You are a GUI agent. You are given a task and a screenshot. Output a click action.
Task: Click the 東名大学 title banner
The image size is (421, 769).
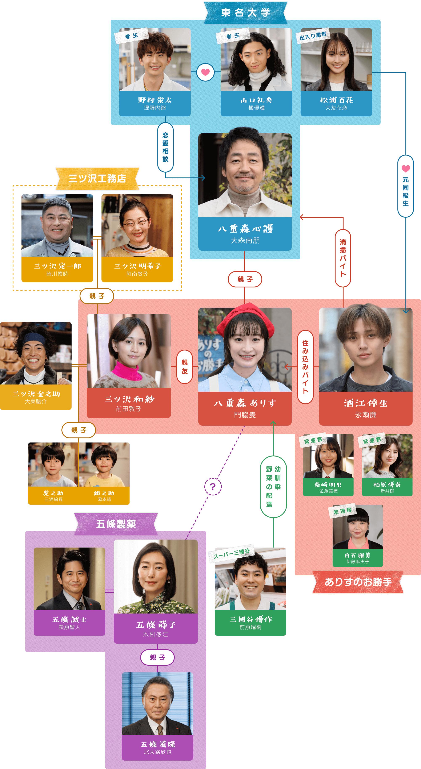point(245,13)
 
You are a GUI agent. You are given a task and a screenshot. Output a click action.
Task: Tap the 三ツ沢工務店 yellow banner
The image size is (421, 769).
point(97,179)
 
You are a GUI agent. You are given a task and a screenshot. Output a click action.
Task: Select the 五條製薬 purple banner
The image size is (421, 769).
point(116,524)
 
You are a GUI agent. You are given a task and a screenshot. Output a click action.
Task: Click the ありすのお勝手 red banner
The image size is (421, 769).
point(358,582)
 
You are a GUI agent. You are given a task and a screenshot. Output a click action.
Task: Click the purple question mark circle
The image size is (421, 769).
point(213,487)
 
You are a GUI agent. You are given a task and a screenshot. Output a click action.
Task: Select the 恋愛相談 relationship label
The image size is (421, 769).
point(165,147)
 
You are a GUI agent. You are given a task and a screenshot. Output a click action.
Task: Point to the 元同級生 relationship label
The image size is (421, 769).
point(405,186)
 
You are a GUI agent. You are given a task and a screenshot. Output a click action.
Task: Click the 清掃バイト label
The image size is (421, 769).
point(343,258)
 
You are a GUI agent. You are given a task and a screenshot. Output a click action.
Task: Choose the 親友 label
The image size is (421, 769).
point(184,367)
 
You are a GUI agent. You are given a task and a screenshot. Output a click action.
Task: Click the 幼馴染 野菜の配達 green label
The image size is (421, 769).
point(273,487)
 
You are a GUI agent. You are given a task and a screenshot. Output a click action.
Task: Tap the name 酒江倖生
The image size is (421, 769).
point(366,403)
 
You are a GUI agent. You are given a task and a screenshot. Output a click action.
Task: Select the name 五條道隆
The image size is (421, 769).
point(158,744)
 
